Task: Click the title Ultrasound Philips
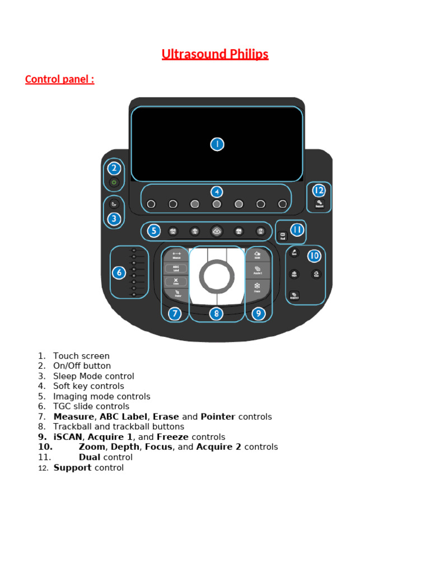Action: pyautogui.click(x=215, y=54)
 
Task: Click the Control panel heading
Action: pyautogui.click(x=59, y=79)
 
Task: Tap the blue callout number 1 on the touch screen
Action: pyautogui.click(x=217, y=144)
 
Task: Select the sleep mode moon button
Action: pyautogui.click(x=114, y=204)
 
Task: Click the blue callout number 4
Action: pyautogui.click(x=217, y=192)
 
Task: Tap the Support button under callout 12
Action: pyautogui.click(x=319, y=204)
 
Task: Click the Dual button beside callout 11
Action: pyautogui.click(x=283, y=236)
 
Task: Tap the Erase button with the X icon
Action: pyautogui.click(x=176, y=282)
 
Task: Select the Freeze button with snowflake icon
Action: pyautogui.click(x=258, y=288)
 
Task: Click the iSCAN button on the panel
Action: pyautogui.click(x=258, y=255)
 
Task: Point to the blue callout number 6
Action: pyautogui.click(x=119, y=273)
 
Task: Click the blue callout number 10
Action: pyautogui.click(x=314, y=256)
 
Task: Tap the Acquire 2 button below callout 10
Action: pyautogui.click(x=294, y=295)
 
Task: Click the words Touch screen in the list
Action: pyautogui.click(x=81, y=356)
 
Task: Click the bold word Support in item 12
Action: pyautogui.click(x=72, y=468)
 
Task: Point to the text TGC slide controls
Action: pyautogui.click(x=92, y=406)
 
